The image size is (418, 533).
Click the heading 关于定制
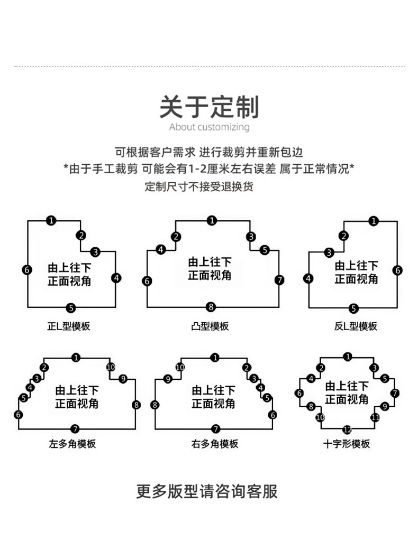tap(209, 106)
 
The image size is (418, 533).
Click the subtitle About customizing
tap(209, 127)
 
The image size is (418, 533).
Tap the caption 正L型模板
tap(69, 326)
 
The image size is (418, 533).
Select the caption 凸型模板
tap(210, 326)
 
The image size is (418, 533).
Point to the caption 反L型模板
tap(356, 326)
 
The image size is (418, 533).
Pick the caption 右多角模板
tap(215, 444)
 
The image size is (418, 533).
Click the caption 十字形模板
tap(347, 444)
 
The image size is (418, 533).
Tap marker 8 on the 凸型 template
tap(211, 307)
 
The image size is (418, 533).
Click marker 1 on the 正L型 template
tap(51, 221)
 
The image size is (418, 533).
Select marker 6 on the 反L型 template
tap(397, 270)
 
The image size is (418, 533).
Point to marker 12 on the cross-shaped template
tap(347, 429)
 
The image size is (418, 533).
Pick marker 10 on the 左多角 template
tap(111, 367)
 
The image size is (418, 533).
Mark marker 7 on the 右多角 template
tap(215, 428)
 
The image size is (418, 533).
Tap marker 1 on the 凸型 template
tap(212, 221)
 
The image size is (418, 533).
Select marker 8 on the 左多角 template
tap(136, 405)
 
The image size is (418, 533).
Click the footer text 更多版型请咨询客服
tap(207, 491)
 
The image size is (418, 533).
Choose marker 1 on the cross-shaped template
tap(347, 357)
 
